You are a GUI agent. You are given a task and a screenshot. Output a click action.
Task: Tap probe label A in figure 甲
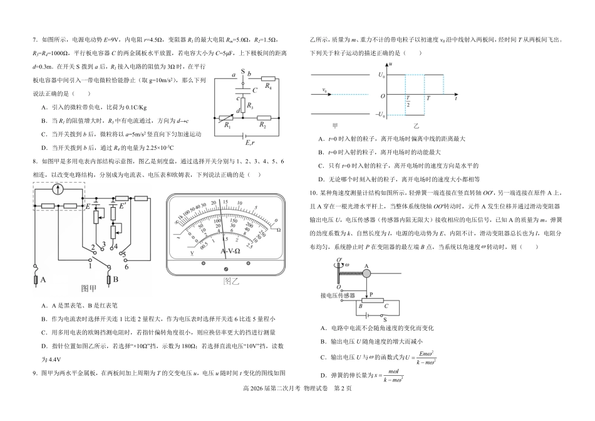(x=43, y=280)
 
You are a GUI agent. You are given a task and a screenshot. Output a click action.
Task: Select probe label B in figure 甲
(x=116, y=280)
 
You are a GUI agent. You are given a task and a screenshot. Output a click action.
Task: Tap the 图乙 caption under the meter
(x=232, y=280)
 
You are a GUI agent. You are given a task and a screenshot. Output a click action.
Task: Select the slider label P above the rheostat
(x=371, y=294)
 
